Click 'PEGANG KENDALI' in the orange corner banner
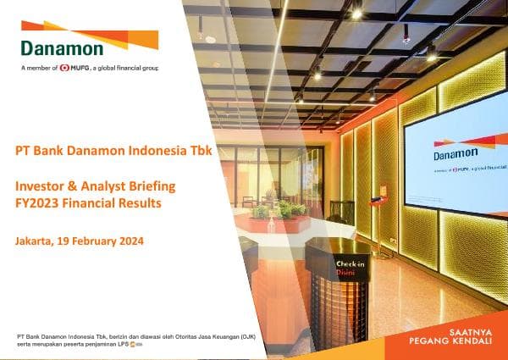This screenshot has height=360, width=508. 446,346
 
